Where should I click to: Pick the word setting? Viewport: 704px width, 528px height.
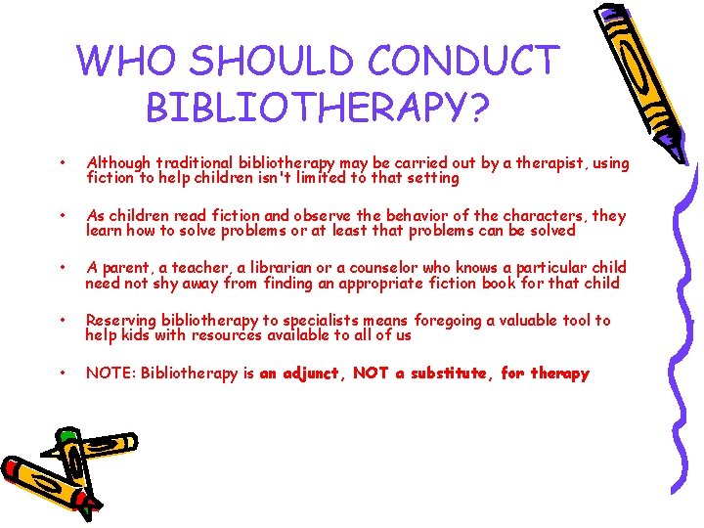(x=429, y=178)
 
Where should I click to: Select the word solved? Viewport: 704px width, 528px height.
(x=550, y=231)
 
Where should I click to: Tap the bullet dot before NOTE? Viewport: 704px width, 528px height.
(x=63, y=373)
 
